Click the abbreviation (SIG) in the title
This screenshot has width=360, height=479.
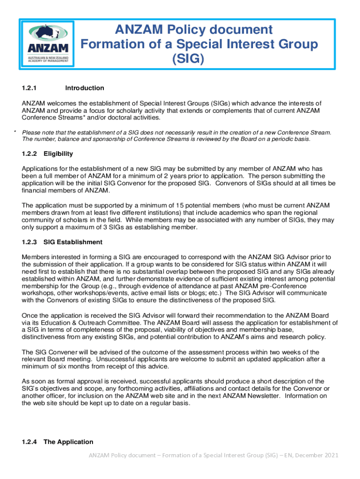click(188, 59)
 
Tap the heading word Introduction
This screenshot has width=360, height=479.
click(85, 88)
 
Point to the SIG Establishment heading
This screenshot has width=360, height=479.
click(72, 242)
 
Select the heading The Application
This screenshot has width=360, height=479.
click(68, 442)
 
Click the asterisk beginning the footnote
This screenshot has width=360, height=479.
click(15, 132)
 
